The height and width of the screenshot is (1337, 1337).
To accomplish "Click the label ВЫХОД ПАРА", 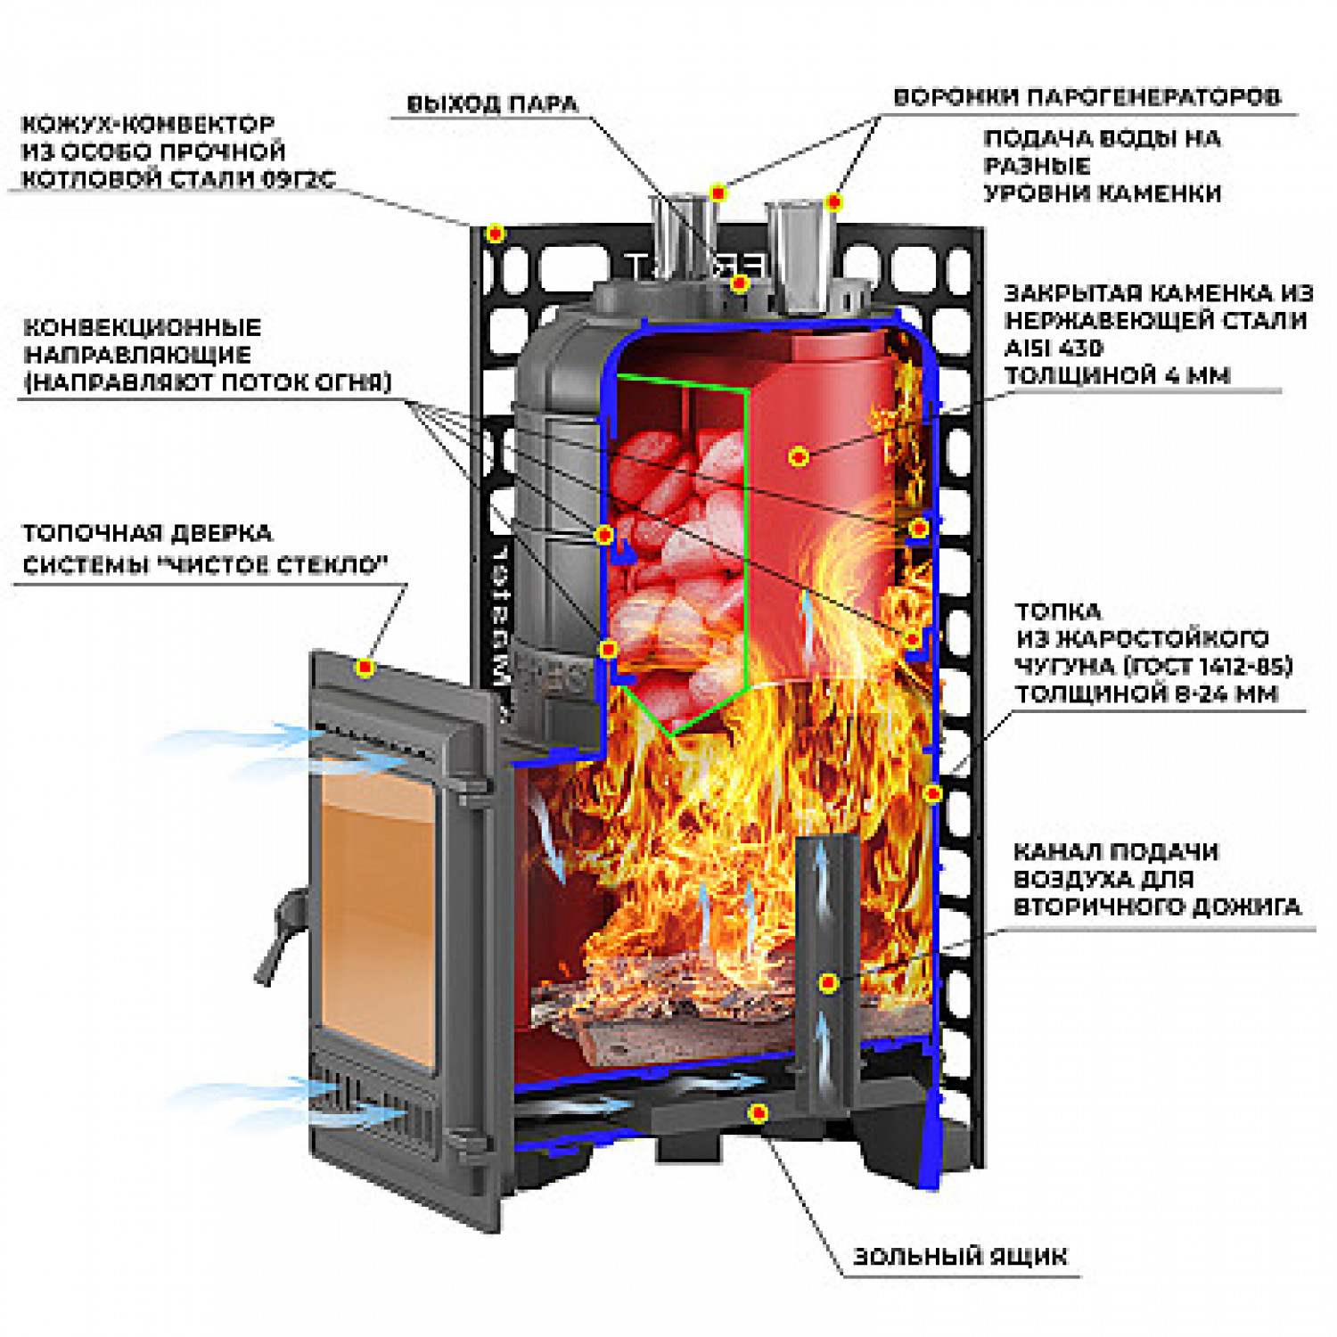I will [x=492, y=103].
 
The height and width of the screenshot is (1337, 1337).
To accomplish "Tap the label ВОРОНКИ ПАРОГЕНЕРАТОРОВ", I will [x=1087, y=96].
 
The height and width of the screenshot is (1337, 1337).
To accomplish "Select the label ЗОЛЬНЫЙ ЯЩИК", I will [x=959, y=1256].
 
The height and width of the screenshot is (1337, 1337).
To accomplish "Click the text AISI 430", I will [x=1053, y=348].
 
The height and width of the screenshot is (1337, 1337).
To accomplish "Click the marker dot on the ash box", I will [x=759, y=1113].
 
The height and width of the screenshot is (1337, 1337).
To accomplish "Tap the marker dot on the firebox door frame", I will [x=364, y=668].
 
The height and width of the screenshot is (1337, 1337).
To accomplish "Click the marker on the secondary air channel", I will [x=828, y=983].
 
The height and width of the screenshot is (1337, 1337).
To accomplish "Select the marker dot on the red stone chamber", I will [x=799, y=456].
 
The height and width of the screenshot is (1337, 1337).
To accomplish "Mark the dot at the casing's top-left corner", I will [x=496, y=234].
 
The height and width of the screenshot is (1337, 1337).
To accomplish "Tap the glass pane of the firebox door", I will [x=379, y=927].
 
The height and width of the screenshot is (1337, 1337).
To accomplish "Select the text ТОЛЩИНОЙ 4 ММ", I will [x=1117, y=375].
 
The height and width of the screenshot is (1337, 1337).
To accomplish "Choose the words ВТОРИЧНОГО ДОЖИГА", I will [x=1157, y=906].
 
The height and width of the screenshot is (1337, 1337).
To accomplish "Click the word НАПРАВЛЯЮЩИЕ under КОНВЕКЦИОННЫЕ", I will [x=137, y=355].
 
